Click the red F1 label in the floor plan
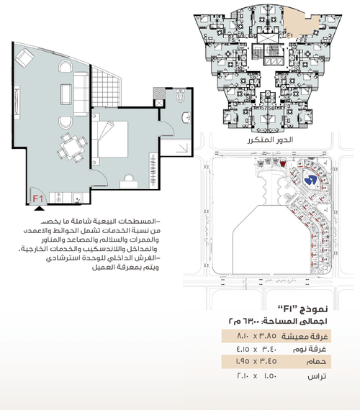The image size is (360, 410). click(x=38, y=196)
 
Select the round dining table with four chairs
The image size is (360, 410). click(x=71, y=148)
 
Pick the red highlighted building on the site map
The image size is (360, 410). click(x=282, y=165)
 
